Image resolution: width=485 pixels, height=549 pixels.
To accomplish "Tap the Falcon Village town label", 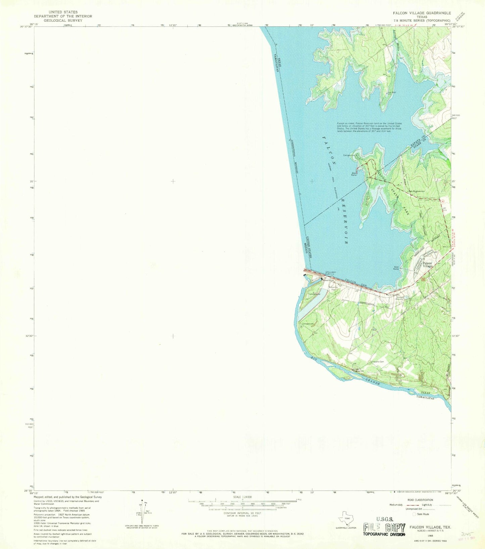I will [x=427, y=265].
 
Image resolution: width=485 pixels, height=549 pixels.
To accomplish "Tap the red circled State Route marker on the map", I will [x=442, y=201].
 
